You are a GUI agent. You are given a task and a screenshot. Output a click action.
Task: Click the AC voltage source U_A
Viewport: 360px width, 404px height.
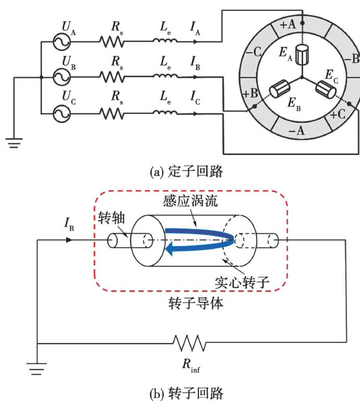tap(61, 41)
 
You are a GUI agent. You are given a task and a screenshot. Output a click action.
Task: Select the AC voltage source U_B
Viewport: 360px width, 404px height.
tap(61, 77)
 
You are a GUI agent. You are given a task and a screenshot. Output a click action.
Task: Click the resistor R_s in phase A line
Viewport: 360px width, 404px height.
tap(112, 41)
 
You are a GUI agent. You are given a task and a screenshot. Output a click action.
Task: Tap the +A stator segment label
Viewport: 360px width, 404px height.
tap(287, 23)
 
